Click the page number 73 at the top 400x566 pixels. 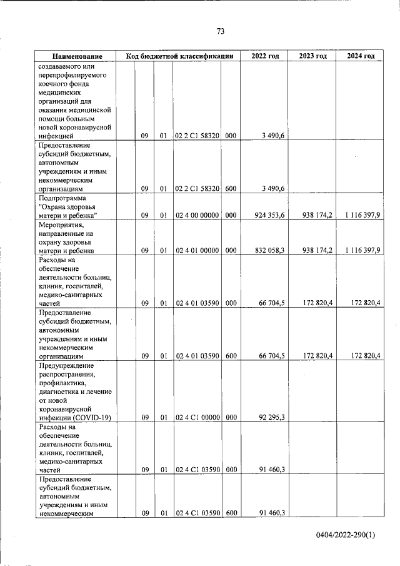[x=220, y=31]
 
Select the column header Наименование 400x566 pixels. [x=77, y=56]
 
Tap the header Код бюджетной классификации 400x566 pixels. [x=179, y=56]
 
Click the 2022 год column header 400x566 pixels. [x=264, y=56]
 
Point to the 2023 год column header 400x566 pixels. [x=312, y=56]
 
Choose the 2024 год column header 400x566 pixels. [x=361, y=56]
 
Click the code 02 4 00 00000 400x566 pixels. [x=196, y=216]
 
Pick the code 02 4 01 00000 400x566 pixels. [x=196, y=250]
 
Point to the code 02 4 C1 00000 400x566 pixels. [x=196, y=417]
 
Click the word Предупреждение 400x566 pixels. [x=66, y=365]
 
